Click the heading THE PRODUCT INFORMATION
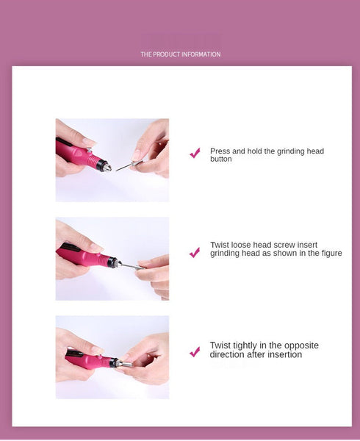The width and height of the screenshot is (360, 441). pyautogui.click(x=180, y=54)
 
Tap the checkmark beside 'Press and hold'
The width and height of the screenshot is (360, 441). pyautogui.click(x=195, y=153)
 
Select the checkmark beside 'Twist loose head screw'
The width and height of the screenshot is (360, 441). pyautogui.click(x=195, y=252)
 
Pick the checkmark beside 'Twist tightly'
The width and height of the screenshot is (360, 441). pyautogui.click(x=195, y=352)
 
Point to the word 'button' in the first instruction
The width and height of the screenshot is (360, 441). pyautogui.click(x=220, y=159)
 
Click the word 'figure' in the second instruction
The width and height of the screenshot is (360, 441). pyautogui.click(x=331, y=254)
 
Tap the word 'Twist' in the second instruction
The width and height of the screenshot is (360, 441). pyautogui.click(x=219, y=245)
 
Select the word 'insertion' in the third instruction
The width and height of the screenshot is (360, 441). pyautogui.click(x=286, y=355)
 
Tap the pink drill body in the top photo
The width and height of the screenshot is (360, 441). pyautogui.click(x=79, y=154)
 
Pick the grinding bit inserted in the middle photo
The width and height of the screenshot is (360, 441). pyautogui.click(x=129, y=265)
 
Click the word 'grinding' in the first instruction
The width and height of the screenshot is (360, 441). pyautogui.click(x=290, y=151)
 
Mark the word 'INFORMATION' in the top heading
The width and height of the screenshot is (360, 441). pyautogui.click(x=200, y=54)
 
